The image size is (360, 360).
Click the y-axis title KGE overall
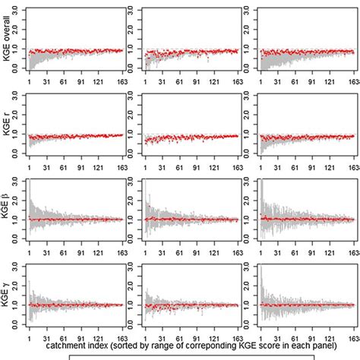pyautogui.click(x=8, y=39)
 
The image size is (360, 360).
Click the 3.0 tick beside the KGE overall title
pyautogui.click(x=19, y=11)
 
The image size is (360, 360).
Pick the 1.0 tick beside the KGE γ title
pyautogui.click(x=19, y=304)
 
